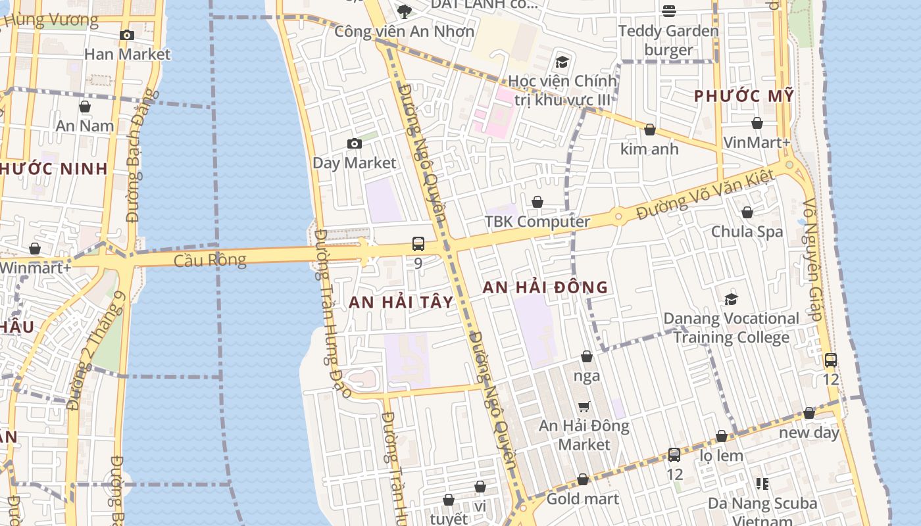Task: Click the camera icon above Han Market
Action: (127, 35)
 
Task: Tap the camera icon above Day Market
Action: (355, 143)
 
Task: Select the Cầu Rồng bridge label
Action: (210, 260)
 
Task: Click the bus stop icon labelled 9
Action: (418, 244)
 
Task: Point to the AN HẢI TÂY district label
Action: (401, 302)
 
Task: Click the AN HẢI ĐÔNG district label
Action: (545, 287)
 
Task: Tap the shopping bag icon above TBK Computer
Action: (537, 202)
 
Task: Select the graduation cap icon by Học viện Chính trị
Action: (561, 62)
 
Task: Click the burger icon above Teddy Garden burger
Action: (669, 11)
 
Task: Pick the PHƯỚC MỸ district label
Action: (744, 96)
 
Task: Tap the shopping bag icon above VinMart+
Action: (757, 123)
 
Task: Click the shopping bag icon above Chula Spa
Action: (747, 212)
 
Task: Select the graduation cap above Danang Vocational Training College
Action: (731, 299)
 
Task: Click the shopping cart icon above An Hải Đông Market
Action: (584, 407)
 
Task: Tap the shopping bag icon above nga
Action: (587, 356)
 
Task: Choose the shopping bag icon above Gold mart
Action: (583, 479)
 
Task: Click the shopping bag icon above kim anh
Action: (650, 130)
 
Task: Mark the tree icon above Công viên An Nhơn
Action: (405, 11)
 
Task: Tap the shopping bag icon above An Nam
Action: (85, 107)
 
